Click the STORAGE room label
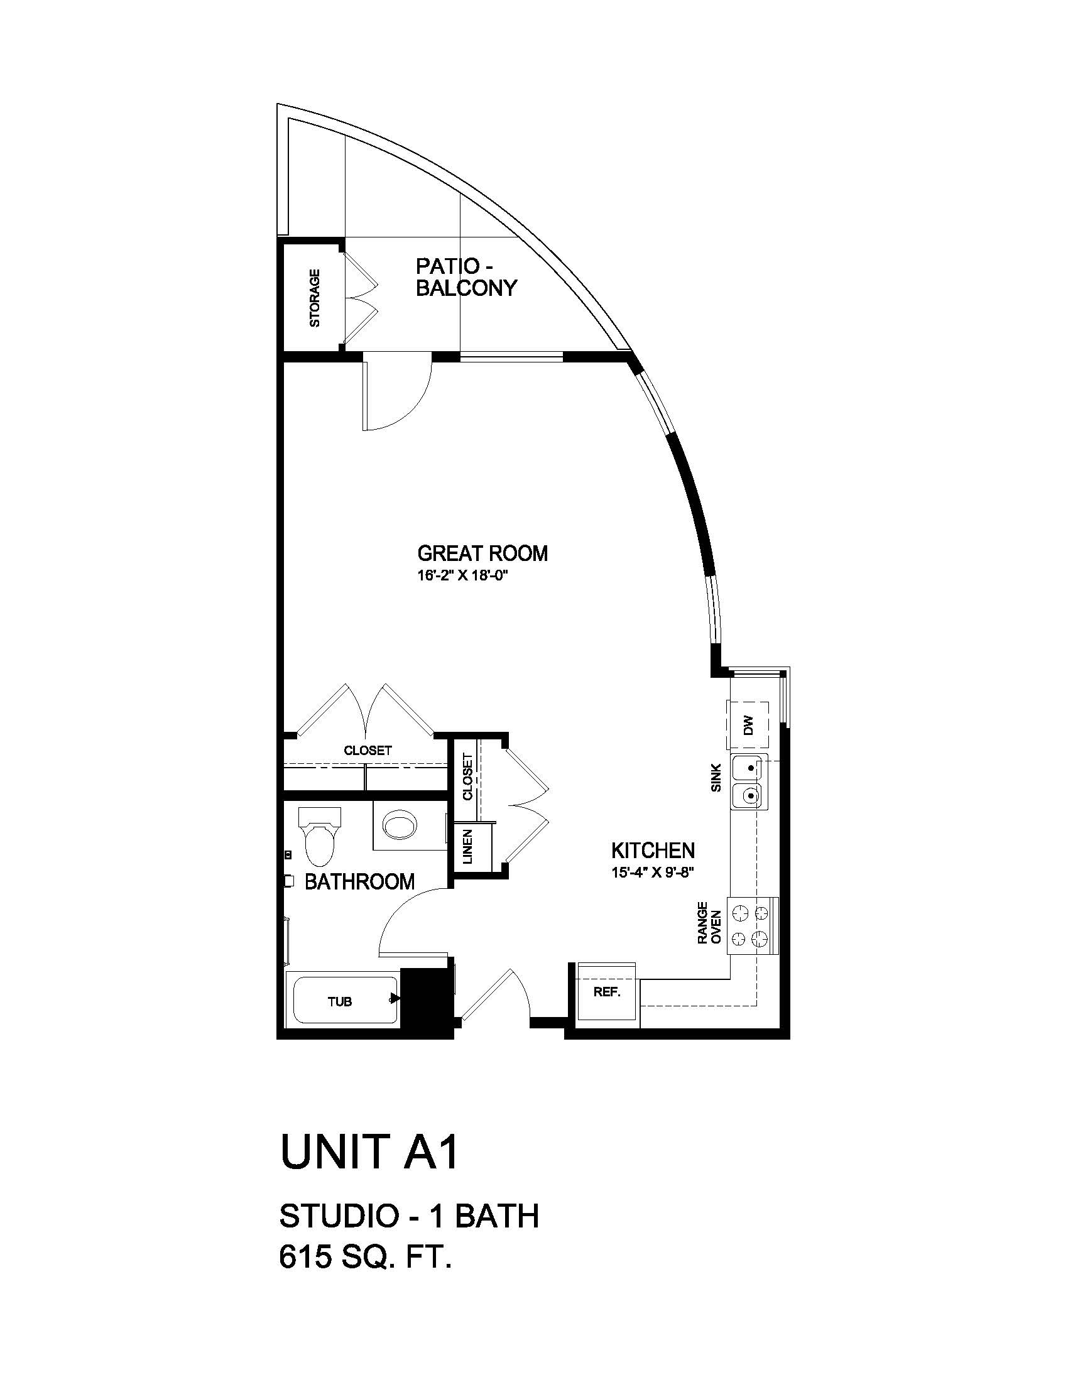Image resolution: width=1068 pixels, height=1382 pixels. pyautogui.click(x=315, y=298)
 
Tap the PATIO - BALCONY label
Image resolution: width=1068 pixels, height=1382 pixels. pyautogui.click(x=466, y=277)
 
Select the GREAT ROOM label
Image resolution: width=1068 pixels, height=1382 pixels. pyautogui.click(x=482, y=553)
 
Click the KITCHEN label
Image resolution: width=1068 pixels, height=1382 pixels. pyautogui.click(x=653, y=850)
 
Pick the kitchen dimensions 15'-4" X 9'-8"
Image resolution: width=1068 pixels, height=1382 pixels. pyautogui.click(x=653, y=873)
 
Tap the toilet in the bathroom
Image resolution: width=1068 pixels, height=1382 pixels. pyautogui.click(x=320, y=837)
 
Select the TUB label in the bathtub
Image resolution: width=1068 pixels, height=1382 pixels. pyautogui.click(x=340, y=1002)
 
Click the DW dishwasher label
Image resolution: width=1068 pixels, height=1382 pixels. pyautogui.click(x=749, y=724)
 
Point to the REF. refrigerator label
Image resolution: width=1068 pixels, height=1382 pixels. pyautogui.click(x=607, y=992)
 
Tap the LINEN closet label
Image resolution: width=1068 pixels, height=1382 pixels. pyautogui.click(x=468, y=847)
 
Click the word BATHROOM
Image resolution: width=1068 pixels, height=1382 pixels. pyautogui.click(x=359, y=881)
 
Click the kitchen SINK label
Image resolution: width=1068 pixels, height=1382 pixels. pyautogui.click(x=716, y=778)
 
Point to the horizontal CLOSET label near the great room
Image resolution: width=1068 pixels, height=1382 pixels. pyautogui.click(x=368, y=751)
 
